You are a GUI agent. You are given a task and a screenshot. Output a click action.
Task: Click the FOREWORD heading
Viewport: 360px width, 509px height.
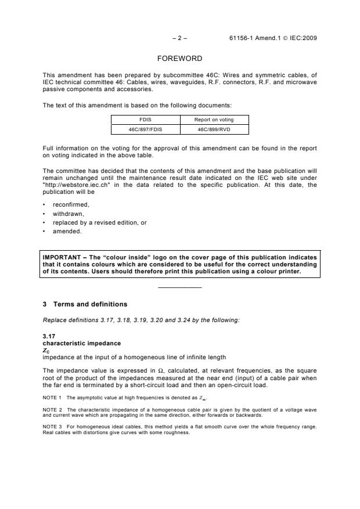click(179, 59)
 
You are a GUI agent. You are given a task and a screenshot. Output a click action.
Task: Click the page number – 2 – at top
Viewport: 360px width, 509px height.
click(179, 38)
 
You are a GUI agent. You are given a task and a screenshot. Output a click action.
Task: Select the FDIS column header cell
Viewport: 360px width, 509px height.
click(145, 120)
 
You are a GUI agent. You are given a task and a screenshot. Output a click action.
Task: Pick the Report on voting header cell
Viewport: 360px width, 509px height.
click(214, 120)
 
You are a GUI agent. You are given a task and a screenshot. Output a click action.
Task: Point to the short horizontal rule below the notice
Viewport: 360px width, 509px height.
click(179, 288)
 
